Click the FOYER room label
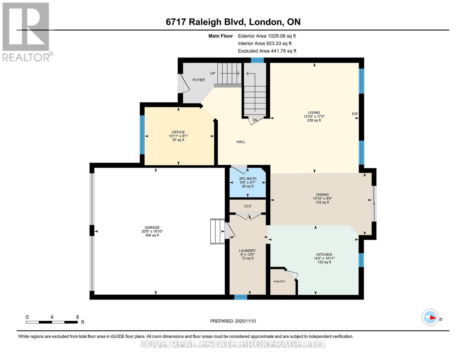[199, 80]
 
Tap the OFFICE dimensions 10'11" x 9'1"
[178, 136]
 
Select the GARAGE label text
[152, 227]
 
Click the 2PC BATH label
[248, 178]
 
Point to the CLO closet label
[248, 206]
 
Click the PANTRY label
[279, 281]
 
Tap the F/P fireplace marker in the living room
[355, 114]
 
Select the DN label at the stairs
[255, 120]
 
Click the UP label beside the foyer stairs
[213, 73]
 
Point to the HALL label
[241, 142]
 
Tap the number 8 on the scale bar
[77, 317]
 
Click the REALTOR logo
[26, 31]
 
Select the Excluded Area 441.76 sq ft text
[267, 51]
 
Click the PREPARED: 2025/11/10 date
[233, 321]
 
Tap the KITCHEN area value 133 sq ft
[324, 262]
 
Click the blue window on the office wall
[142, 135]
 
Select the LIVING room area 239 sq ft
[314, 120]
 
